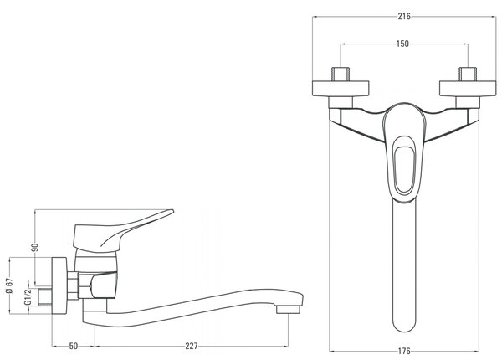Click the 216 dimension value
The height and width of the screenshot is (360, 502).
(404, 17)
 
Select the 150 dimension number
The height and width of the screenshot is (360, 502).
(402, 44)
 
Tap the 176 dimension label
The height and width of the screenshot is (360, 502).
(404, 352)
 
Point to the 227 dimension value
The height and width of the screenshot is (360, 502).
(192, 346)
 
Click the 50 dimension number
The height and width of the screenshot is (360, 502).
(74, 346)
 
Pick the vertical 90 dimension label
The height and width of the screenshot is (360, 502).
(35, 248)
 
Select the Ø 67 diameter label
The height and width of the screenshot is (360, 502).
(9, 285)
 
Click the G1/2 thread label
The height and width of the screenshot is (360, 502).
(28, 296)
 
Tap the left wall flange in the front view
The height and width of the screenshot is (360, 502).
(341, 89)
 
